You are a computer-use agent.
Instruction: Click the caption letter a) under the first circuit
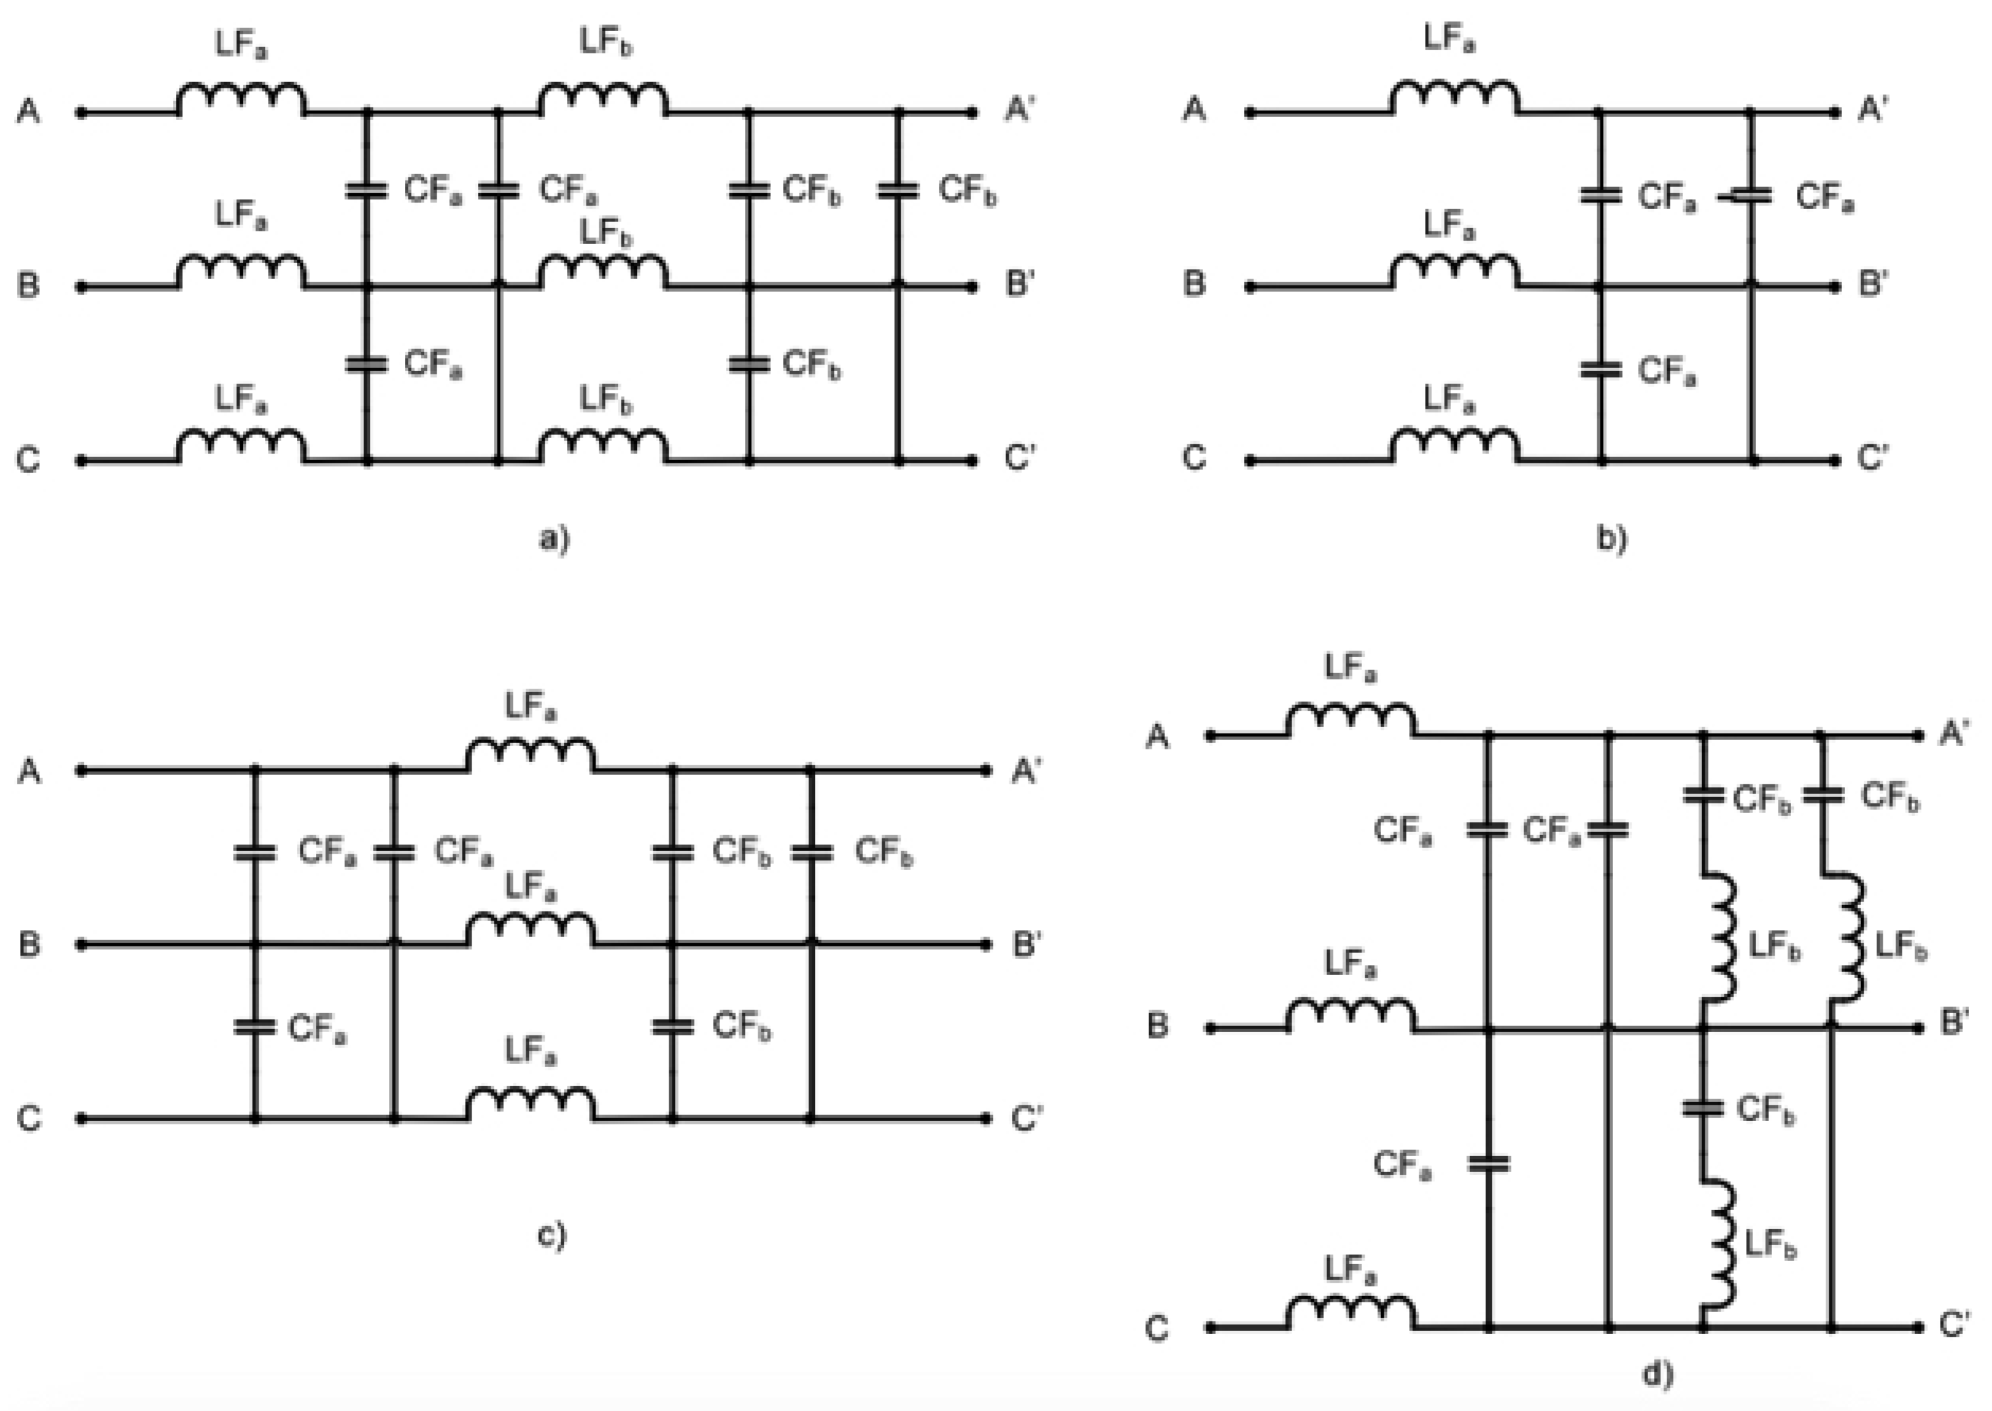click(554, 539)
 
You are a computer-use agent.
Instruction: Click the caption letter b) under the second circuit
click(1611, 539)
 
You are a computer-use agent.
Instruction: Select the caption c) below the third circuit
click(552, 1234)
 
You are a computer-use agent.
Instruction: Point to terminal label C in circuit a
click(29, 459)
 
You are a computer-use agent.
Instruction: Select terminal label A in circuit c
click(29, 770)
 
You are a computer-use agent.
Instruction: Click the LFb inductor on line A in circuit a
click(603, 100)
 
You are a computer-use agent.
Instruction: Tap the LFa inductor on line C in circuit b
click(1454, 447)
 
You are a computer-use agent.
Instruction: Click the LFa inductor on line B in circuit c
click(531, 930)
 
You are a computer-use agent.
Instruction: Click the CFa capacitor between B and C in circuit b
click(1601, 370)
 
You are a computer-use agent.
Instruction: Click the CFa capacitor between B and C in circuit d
click(1488, 1163)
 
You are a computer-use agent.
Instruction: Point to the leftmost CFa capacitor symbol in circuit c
click(254, 853)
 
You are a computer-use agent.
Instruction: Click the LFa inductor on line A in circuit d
click(1351, 721)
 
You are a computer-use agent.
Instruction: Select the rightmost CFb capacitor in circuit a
click(898, 189)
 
